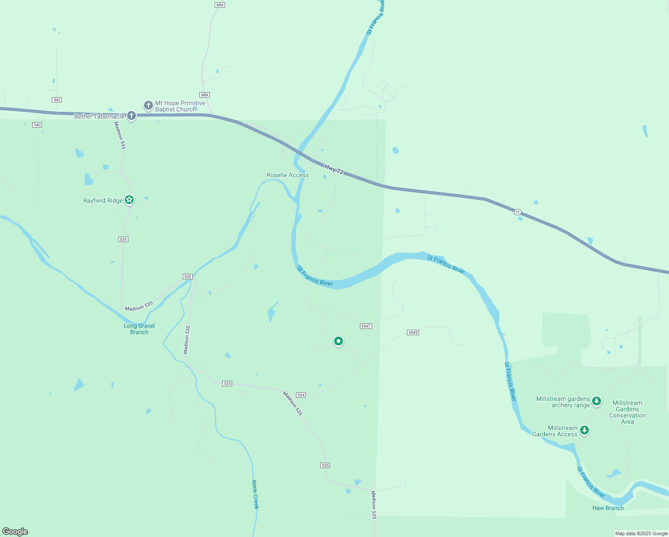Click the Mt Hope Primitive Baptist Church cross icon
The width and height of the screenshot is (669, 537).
pos(148,106)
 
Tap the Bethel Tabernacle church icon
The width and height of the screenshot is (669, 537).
pos(131,116)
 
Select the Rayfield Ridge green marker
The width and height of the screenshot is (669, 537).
pos(129,200)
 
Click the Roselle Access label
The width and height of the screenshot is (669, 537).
pos(288,175)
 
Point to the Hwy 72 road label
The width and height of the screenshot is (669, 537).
pos(334,170)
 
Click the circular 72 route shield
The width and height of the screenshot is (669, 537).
pos(517,212)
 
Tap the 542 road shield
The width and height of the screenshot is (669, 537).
pos(57,100)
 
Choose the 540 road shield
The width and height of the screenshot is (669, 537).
pos(37,125)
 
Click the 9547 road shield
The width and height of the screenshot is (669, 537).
pos(366,326)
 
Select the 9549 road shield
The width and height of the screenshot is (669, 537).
pos(413,332)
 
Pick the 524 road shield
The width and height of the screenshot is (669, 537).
pos(301,395)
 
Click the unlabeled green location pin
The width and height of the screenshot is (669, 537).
pos(339,341)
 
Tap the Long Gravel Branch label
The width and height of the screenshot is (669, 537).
pos(139,329)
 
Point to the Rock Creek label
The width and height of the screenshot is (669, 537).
pos(255,494)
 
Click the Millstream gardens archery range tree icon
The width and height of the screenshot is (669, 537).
pos(597,401)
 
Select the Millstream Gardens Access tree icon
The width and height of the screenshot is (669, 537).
pos(584,430)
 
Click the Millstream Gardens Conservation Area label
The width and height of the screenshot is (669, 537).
pos(627,412)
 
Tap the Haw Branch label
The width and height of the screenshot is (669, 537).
pos(608,508)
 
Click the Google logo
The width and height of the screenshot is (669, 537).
pos(15,532)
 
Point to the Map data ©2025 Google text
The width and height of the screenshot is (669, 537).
pos(641,533)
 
